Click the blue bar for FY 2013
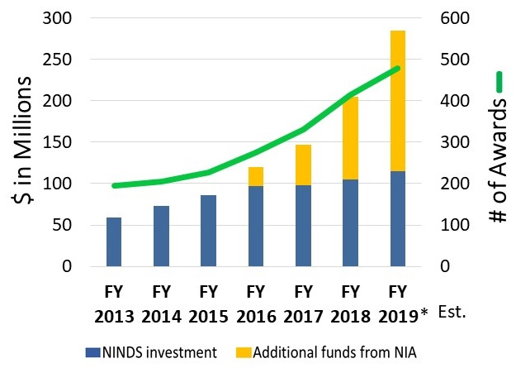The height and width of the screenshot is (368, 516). pyautogui.click(x=114, y=242)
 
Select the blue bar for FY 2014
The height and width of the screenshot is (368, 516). pyautogui.click(x=161, y=237)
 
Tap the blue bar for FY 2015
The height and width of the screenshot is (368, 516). pyautogui.click(x=208, y=232)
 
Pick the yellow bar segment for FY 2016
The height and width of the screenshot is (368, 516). pyautogui.click(x=255, y=176)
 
